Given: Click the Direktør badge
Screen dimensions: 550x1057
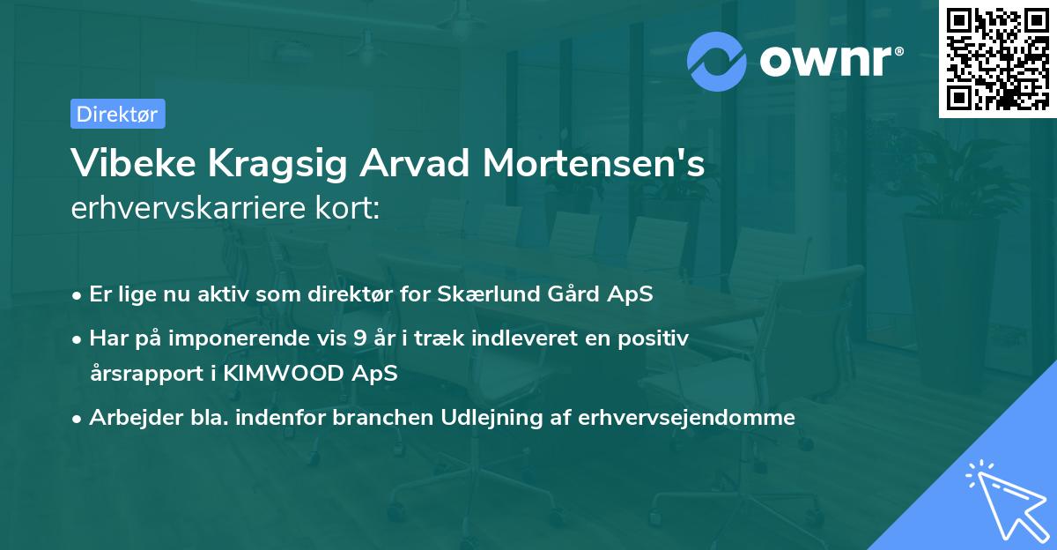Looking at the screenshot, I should pos(117,114).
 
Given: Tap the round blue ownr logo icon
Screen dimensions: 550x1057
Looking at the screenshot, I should pos(717,61).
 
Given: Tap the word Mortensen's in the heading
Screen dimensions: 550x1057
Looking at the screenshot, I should pos(600,164).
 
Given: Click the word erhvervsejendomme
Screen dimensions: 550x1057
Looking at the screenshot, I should pos(687,417).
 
